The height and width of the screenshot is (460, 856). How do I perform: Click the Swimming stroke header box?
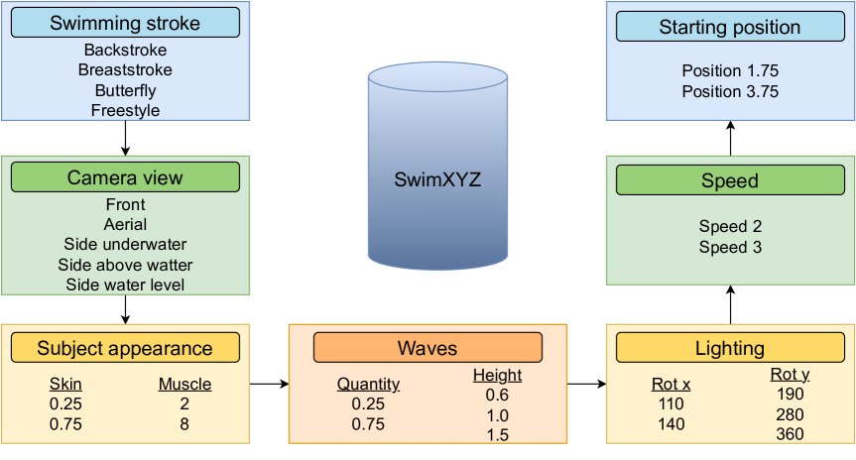[x=125, y=23]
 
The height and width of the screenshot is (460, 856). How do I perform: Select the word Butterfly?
[x=125, y=90]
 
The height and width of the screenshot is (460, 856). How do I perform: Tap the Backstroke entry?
[x=125, y=50]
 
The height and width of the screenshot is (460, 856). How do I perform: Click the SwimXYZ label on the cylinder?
[x=437, y=180]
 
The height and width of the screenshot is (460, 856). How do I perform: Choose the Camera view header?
[x=125, y=177]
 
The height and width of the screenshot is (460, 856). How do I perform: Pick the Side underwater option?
[x=125, y=245]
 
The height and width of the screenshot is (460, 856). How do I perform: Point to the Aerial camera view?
[x=125, y=225]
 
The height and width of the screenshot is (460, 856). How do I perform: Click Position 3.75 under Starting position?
[x=730, y=92]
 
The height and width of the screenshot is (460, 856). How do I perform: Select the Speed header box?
[x=730, y=180]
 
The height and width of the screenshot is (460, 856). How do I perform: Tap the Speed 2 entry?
[x=730, y=227]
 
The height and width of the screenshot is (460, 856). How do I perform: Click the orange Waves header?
[x=428, y=348]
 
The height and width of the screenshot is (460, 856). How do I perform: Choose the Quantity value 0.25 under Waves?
[x=368, y=404]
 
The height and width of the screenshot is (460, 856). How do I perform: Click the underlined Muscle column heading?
[x=184, y=385]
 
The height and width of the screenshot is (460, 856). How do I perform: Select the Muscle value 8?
[x=184, y=424]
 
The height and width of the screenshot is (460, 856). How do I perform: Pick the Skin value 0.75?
[x=66, y=424]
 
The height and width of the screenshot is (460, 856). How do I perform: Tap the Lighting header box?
[x=730, y=348]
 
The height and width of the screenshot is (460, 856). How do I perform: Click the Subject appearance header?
[x=125, y=348]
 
